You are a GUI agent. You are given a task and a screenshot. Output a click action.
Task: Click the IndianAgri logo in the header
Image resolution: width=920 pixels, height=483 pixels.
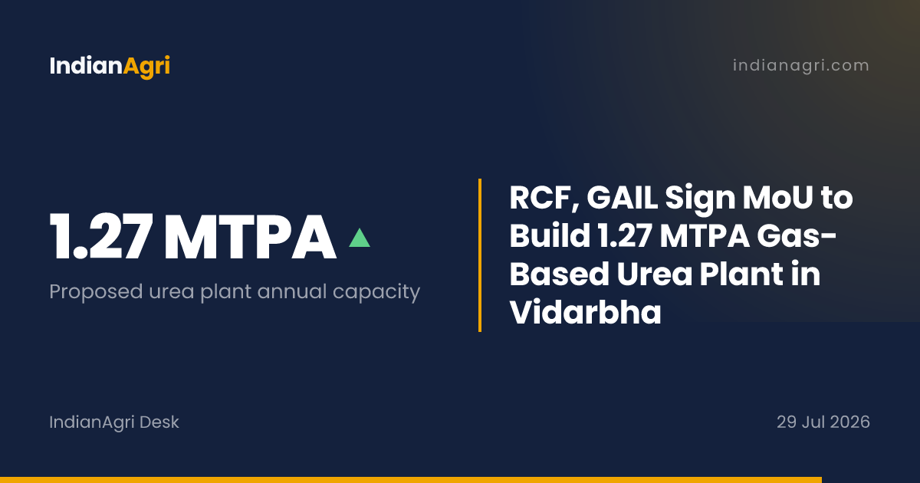(x=110, y=66)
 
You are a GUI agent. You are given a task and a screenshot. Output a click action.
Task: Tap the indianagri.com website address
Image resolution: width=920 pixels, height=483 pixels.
(x=801, y=65)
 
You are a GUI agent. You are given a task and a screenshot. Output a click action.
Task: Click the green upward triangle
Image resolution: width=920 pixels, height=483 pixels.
(x=360, y=238)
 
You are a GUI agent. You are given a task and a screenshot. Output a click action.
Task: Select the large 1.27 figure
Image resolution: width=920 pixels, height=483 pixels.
(x=101, y=236)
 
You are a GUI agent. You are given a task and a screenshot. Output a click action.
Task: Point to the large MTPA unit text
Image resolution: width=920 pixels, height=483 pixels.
(x=250, y=237)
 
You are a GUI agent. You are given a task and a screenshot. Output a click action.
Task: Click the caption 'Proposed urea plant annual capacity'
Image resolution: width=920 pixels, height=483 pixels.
(x=235, y=292)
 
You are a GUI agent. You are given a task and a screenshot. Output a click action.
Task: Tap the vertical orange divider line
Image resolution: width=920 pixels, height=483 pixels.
(x=480, y=255)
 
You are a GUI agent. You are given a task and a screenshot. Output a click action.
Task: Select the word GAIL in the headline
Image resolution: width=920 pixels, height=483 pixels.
(x=623, y=198)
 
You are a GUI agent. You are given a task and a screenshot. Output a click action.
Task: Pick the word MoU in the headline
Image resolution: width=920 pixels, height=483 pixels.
(x=777, y=198)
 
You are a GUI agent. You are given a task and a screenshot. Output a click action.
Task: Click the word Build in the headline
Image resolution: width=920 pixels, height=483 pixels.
(x=550, y=236)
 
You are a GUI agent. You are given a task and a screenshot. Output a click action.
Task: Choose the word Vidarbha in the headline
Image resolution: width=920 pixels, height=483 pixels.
(x=585, y=312)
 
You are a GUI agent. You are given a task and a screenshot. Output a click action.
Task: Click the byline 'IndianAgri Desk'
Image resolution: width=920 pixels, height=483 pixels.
(x=114, y=422)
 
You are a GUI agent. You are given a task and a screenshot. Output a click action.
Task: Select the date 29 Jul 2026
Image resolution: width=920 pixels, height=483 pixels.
(x=823, y=422)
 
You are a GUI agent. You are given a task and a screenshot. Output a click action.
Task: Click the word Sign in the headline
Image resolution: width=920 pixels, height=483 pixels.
(x=700, y=199)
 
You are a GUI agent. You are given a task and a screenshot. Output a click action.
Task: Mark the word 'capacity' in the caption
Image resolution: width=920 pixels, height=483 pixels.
(x=376, y=292)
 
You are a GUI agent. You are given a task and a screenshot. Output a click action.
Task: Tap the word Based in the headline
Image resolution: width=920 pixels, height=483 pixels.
(x=560, y=274)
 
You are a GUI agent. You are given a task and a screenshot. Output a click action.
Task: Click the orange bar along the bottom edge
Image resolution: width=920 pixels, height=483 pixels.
(x=411, y=480)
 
